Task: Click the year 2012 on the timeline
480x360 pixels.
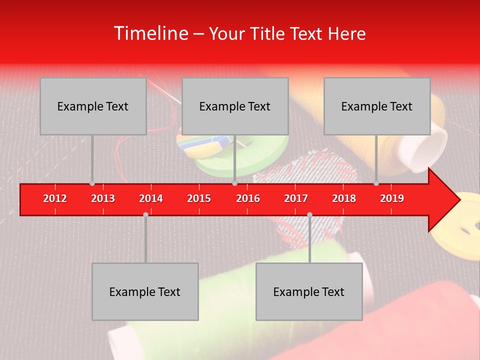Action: pos(55,198)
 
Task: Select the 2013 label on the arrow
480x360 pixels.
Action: pos(103,198)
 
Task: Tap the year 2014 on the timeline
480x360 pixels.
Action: pos(151,198)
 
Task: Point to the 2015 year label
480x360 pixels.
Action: pos(199,198)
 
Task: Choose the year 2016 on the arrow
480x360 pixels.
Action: pos(248,198)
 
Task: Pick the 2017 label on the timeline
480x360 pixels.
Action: pos(296,198)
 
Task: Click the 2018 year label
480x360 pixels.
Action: pos(344,198)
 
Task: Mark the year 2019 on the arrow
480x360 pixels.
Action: pos(392,198)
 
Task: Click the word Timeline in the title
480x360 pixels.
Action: pos(150,33)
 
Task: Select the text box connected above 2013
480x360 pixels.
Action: pos(93,106)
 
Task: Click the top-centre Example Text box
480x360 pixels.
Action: pos(235,106)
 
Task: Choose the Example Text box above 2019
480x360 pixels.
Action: pos(377,106)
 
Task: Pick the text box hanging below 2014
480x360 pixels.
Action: pos(145,291)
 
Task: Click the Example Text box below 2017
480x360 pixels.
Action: pos(309,291)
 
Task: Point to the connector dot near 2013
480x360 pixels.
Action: pos(92,183)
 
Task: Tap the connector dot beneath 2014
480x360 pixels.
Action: pos(145,214)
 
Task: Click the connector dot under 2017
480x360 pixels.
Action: pos(309,214)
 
